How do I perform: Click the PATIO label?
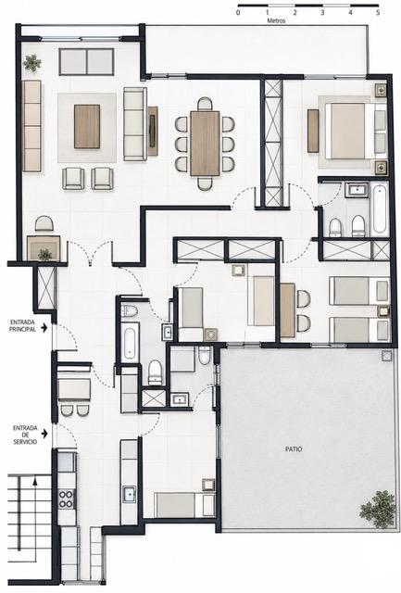pos(294,449)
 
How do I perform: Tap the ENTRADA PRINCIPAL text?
pos(22,325)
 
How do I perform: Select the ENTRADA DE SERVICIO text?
pos(25,435)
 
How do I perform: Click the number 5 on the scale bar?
pos(378,12)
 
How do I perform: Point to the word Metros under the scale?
pos(276,20)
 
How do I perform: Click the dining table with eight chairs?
pos(205,144)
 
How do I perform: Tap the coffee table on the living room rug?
pos(87,126)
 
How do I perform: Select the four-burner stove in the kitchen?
pos(66,498)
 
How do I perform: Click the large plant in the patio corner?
pos(378,509)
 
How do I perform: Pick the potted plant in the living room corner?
pos(31,63)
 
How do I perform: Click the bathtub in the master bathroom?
pos(380,208)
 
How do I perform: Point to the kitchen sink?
pos(129,494)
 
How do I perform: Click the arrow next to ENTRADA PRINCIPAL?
pos(44,327)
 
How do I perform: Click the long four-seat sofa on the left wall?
pos(31,126)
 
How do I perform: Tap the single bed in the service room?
pos(185,504)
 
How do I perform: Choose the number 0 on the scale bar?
pos(238,12)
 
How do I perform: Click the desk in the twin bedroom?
pos(288,310)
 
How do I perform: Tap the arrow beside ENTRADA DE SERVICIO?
pos(44,433)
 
